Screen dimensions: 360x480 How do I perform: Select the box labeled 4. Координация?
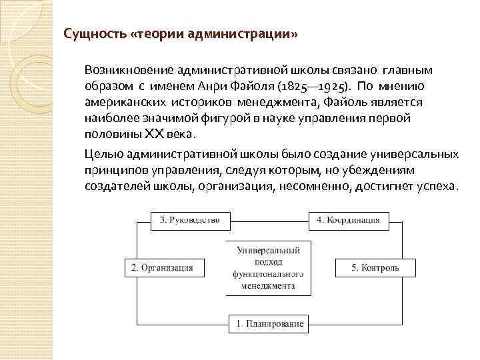click(x=349, y=219)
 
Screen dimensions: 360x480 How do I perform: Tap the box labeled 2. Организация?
click(x=162, y=267)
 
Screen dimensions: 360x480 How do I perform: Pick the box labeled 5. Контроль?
click(x=375, y=267)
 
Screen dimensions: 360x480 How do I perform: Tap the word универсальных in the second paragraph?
click(x=415, y=154)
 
